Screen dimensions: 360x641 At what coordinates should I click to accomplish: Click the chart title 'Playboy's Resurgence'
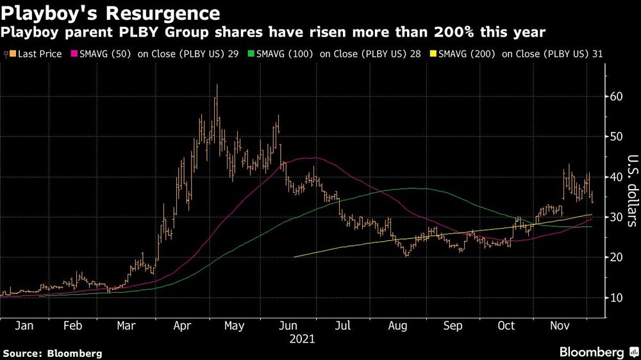pos(111,13)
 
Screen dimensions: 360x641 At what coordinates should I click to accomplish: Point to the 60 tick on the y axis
pos(617,97)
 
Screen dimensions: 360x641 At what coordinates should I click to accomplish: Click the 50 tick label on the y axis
pos(617,136)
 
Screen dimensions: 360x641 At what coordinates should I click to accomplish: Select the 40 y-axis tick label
pos(617,177)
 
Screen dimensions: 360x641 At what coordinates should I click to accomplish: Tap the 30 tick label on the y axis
pos(617,217)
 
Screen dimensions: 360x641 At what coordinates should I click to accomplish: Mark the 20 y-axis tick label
pos(617,258)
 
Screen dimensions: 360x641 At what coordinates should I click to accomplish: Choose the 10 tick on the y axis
pos(617,298)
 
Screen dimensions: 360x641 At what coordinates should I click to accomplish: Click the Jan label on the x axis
pos(24,326)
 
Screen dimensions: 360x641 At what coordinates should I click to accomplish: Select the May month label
pos(235,326)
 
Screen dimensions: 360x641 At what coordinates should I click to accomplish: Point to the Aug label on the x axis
pos(397,326)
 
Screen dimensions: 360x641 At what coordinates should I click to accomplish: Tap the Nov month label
pos(560,326)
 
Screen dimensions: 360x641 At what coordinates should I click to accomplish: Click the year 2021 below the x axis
pos(303,339)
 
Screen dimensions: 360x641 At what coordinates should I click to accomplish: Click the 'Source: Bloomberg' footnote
pos(53,353)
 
